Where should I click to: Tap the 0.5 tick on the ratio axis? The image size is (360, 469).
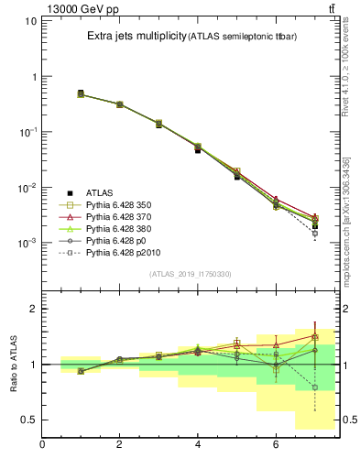(28, 420)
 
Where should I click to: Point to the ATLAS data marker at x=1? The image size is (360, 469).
(81, 93)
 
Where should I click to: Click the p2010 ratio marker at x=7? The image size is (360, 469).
(315, 387)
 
